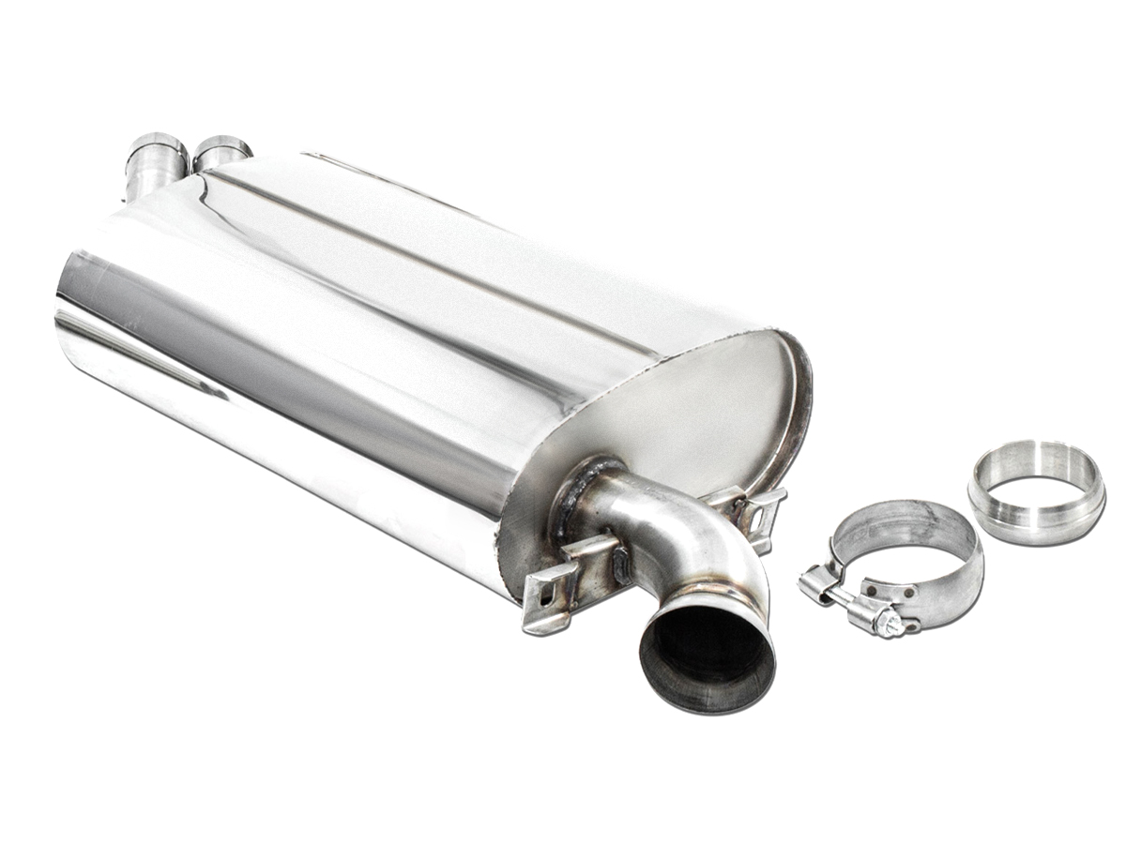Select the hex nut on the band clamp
click(888, 624)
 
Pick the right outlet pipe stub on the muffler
click(221, 152)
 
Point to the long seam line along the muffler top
click(422, 249)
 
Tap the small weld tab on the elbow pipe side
click(621, 567)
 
